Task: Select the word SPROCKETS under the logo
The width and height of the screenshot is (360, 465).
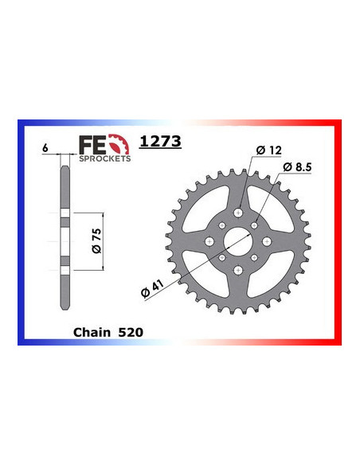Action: point(104,158)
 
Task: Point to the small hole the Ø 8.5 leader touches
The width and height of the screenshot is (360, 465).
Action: point(255,227)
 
